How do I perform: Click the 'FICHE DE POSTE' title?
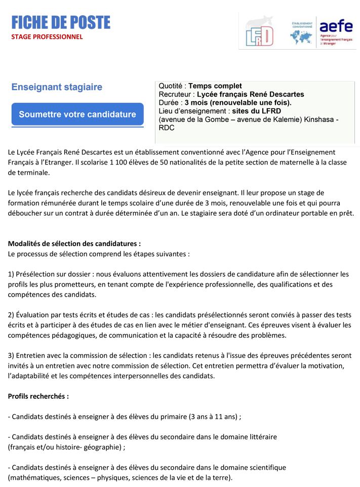(x=61, y=23)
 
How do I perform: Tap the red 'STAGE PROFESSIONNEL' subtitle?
(x=47, y=36)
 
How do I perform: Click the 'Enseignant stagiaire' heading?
(x=57, y=87)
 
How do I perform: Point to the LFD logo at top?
(x=259, y=33)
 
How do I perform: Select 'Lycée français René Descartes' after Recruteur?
(x=250, y=94)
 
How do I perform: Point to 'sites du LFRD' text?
(x=256, y=111)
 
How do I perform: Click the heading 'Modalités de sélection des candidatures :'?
(x=74, y=243)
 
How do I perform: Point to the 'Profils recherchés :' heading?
(x=38, y=396)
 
